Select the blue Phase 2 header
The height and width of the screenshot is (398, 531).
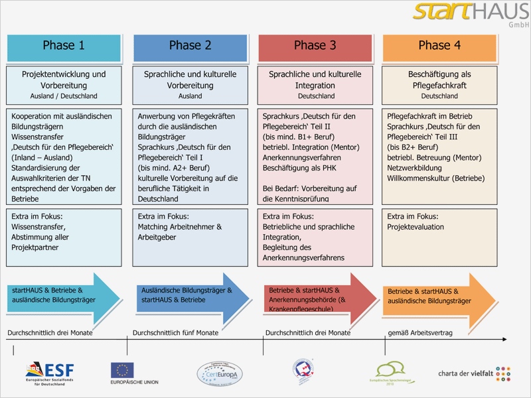pyautogui.click(x=190, y=46)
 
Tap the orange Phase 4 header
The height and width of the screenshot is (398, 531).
pyautogui.click(x=439, y=46)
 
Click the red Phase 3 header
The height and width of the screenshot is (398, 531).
pyautogui.click(x=315, y=46)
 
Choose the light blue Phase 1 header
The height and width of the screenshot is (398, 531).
pyautogui.click(x=64, y=46)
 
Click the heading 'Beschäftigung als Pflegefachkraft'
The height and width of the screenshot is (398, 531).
pyautogui.click(x=439, y=80)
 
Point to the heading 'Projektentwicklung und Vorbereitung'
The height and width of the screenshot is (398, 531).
pyautogui.click(x=64, y=80)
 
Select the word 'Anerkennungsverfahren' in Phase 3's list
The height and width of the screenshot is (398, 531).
pyautogui.click(x=303, y=157)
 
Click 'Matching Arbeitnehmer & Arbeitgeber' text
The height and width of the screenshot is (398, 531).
pyautogui.click(x=180, y=232)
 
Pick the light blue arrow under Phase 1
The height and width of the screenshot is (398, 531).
pyautogui.click(x=64, y=295)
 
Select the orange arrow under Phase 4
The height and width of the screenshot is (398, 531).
pyautogui.click(x=438, y=296)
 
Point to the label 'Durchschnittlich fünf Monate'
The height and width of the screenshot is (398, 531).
pyautogui.click(x=175, y=332)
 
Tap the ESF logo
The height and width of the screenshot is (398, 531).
pyautogui.click(x=50, y=373)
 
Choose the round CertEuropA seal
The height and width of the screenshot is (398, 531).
pyautogui.click(x=220, y=373)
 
